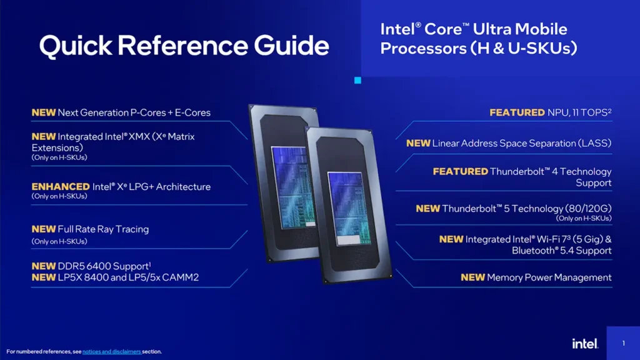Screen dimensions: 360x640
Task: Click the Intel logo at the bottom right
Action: [585, 344]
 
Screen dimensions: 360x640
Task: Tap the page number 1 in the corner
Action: [623, 343]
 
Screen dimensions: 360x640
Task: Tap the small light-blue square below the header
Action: [358, 80]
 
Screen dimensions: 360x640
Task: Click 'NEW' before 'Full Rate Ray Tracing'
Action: [44, 229]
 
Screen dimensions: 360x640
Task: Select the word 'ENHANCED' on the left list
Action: [61, 187]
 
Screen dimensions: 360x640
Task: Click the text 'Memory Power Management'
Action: [549, 277]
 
